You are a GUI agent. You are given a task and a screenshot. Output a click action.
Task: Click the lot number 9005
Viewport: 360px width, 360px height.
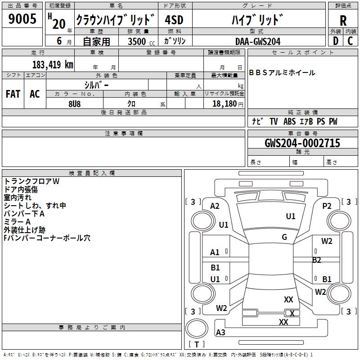pyautogui.click(x=22, y=19)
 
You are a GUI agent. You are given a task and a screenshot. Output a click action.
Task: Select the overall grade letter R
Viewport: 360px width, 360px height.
pyautogui.click(x=343, y=20)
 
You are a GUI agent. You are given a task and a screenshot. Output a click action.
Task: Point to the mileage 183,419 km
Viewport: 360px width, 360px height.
pyautogui.click(x=53, y=64)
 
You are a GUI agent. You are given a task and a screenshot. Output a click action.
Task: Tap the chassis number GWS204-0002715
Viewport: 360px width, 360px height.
pyautogui.click(x=302, y=143)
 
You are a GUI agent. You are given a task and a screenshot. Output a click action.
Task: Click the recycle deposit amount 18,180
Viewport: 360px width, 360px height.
pyautogui.click(x=225, y=103)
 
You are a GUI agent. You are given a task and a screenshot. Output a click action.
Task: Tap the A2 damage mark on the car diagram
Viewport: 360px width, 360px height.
pyautogui.click(x=215, y=206)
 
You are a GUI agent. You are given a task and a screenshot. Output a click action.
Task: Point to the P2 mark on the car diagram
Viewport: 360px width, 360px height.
pyautogui.click(x=327, y=206)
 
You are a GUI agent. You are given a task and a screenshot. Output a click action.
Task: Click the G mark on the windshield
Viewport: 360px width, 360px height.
pyautogui.click(x=284, y=237)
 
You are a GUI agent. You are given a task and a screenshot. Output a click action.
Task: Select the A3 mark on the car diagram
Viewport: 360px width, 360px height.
pyautogui.click(x=220, y=333)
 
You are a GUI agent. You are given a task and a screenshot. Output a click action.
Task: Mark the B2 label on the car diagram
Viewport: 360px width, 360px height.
pyautogui.click(x=317, y=260)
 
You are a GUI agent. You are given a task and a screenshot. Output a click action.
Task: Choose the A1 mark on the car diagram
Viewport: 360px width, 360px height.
pyautogui.click(x=215, y=252)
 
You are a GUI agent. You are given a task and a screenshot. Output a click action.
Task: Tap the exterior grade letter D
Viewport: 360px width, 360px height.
pyautogui.click(x=335, y=41)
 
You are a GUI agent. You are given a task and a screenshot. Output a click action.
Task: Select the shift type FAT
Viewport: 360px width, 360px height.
pyautogui.click(x=13, y=94)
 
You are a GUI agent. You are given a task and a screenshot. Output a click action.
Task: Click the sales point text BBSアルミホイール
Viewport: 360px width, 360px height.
pyautogui.click(x=282, y=73)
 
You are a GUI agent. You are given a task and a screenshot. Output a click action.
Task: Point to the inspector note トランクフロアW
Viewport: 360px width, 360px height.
pyautogui.click(x=31, y=181)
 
